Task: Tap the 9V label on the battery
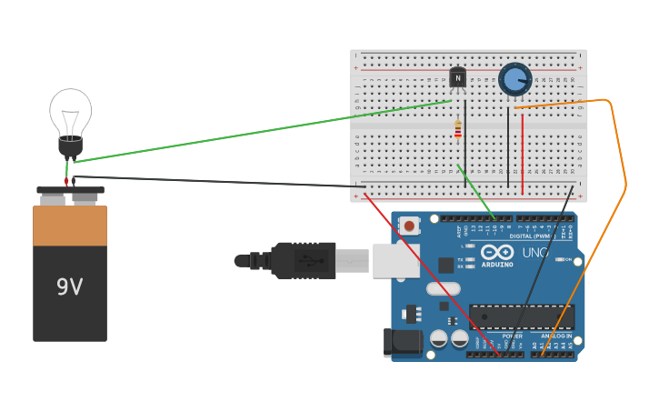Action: tap(69, 287)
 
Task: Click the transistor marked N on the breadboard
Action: tap(457, 78)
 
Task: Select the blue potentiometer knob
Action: tap(514, 80)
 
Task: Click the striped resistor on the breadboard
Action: tap(458, 128)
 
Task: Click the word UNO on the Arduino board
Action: tap(535, 252)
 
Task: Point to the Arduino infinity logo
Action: tap(497, 252)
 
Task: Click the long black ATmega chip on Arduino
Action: tap(522, 317)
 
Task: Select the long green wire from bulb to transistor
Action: tap(264, 132)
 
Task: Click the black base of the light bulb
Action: tap(70, 146)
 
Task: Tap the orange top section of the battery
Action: tap(70, 226)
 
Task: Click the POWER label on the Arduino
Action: tap(512, 337)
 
